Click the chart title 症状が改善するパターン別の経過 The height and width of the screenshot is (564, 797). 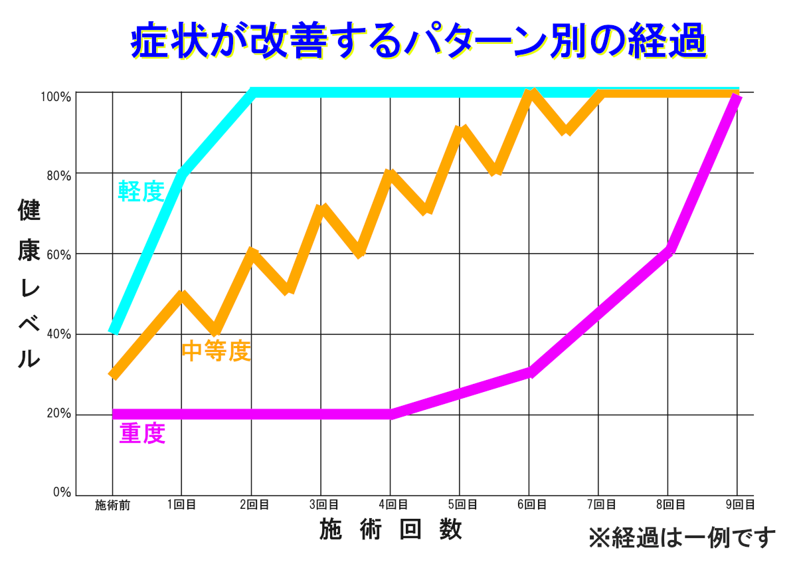pyautogui.click(x=416, y=42)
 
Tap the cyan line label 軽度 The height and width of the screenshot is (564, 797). pyautogui.click(x=141, y=191)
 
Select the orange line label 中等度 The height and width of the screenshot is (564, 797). pyautogui.click(x=217, y=351)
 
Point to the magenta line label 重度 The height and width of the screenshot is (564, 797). pyautogui.click(x=142, y=434)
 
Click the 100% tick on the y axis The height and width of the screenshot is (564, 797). pyautogui.click(x=56, y=97)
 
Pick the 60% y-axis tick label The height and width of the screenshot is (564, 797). pyautogui.click(x=57, y=254)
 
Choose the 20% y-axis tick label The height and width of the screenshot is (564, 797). pyautogui.click(x=57, y=414)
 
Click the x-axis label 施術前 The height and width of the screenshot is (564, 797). pyautogui.click(x=112, y=506)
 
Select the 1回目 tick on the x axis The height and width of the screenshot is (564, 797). pyautogui.click(x=181, y=506)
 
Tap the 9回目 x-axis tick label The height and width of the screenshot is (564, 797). pyautogui.click(x=740, y=506)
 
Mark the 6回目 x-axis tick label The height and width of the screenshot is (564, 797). pyautogui.click(x=530, y=506)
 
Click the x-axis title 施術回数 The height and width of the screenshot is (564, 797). pyautogui.click(x=391, y=529)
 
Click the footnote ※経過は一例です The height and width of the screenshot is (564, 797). pyautogui.click(x=681, y=537)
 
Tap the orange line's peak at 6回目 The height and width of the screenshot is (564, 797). pyautogui.click(x=530, y=93)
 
